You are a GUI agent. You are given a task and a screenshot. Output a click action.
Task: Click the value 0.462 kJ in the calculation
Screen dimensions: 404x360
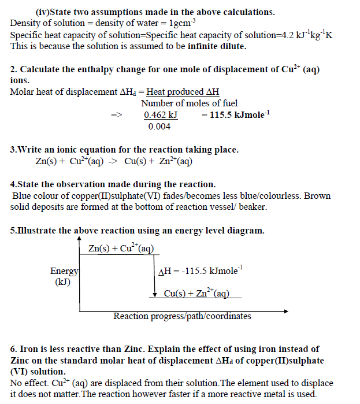point(160,115)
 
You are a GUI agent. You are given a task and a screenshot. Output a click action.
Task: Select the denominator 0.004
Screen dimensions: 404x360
point(159,127)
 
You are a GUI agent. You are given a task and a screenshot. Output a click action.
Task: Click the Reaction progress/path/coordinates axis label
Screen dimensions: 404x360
point(182,316)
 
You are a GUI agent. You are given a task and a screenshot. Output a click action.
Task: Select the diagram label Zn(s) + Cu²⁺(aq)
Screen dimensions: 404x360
point(121,249)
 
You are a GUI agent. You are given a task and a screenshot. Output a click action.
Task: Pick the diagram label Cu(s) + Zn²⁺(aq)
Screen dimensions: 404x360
point(196,293)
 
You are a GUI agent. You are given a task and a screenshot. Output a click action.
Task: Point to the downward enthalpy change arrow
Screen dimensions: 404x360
point(155,277)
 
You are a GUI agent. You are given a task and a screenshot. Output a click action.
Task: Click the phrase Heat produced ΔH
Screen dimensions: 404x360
point(183,92)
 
